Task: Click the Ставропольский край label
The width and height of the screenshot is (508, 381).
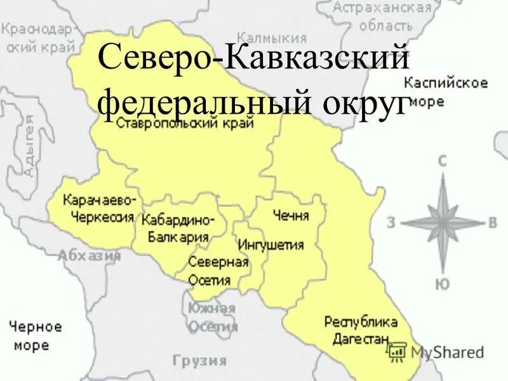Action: click(x=185, y=123)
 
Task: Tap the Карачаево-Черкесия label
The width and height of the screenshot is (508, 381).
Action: click(x=98, y=209)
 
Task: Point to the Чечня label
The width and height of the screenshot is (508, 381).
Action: click(x=290, y=216)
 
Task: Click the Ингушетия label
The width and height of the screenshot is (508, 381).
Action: click(x=271, y=245)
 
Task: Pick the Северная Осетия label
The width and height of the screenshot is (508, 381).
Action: click(x=218, y=271)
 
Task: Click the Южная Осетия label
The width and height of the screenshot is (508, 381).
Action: click(x=212, y=317)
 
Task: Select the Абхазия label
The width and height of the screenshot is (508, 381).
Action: click(x=90, y=256)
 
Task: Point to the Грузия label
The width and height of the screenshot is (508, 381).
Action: click(x=200, y=361)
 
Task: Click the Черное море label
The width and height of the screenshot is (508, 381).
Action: click(x=35, y=337)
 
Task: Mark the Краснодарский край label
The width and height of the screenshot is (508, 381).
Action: click(x=38, y=38)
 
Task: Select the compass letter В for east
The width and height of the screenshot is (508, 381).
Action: click(x=492, y=222)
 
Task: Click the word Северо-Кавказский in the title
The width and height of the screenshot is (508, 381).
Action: click(x=252, y=61)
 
